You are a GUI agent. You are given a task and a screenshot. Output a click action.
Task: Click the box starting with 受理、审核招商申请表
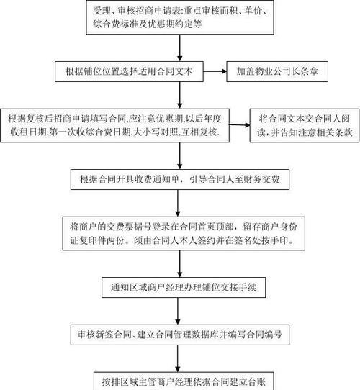(x=180, y=17)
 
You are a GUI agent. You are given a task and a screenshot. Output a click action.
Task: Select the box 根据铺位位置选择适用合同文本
(x=129, y=71)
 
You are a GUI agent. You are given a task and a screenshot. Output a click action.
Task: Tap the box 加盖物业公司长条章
(x=277, y=71)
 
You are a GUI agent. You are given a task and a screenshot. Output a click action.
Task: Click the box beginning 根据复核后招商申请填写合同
(x=114, y=125)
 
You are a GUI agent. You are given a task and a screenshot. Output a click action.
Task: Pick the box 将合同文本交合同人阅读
(x=305, y=125)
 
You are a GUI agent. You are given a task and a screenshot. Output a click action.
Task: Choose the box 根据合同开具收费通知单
(x=180, y=179)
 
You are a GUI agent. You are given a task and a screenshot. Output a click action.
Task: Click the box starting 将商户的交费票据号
(x=184, y=233)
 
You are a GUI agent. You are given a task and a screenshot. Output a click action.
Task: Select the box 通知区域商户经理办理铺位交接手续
(x=184, y=287)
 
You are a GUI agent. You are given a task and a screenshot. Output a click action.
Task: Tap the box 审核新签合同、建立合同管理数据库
(x=180, y=335)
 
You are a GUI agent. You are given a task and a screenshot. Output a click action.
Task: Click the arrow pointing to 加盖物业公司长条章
(x=215, y=71)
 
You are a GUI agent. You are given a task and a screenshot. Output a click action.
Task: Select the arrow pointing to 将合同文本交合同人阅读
(x=240, y=125)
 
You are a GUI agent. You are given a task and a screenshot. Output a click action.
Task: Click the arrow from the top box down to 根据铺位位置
(x=180, y=47)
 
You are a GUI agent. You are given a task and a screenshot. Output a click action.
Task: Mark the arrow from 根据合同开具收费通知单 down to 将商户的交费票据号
(x=178, y=203)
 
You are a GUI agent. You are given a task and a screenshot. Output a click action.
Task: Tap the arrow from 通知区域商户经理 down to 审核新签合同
(x=178, y=311)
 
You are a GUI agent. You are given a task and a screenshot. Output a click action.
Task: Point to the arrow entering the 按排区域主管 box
(x=178, y=358)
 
